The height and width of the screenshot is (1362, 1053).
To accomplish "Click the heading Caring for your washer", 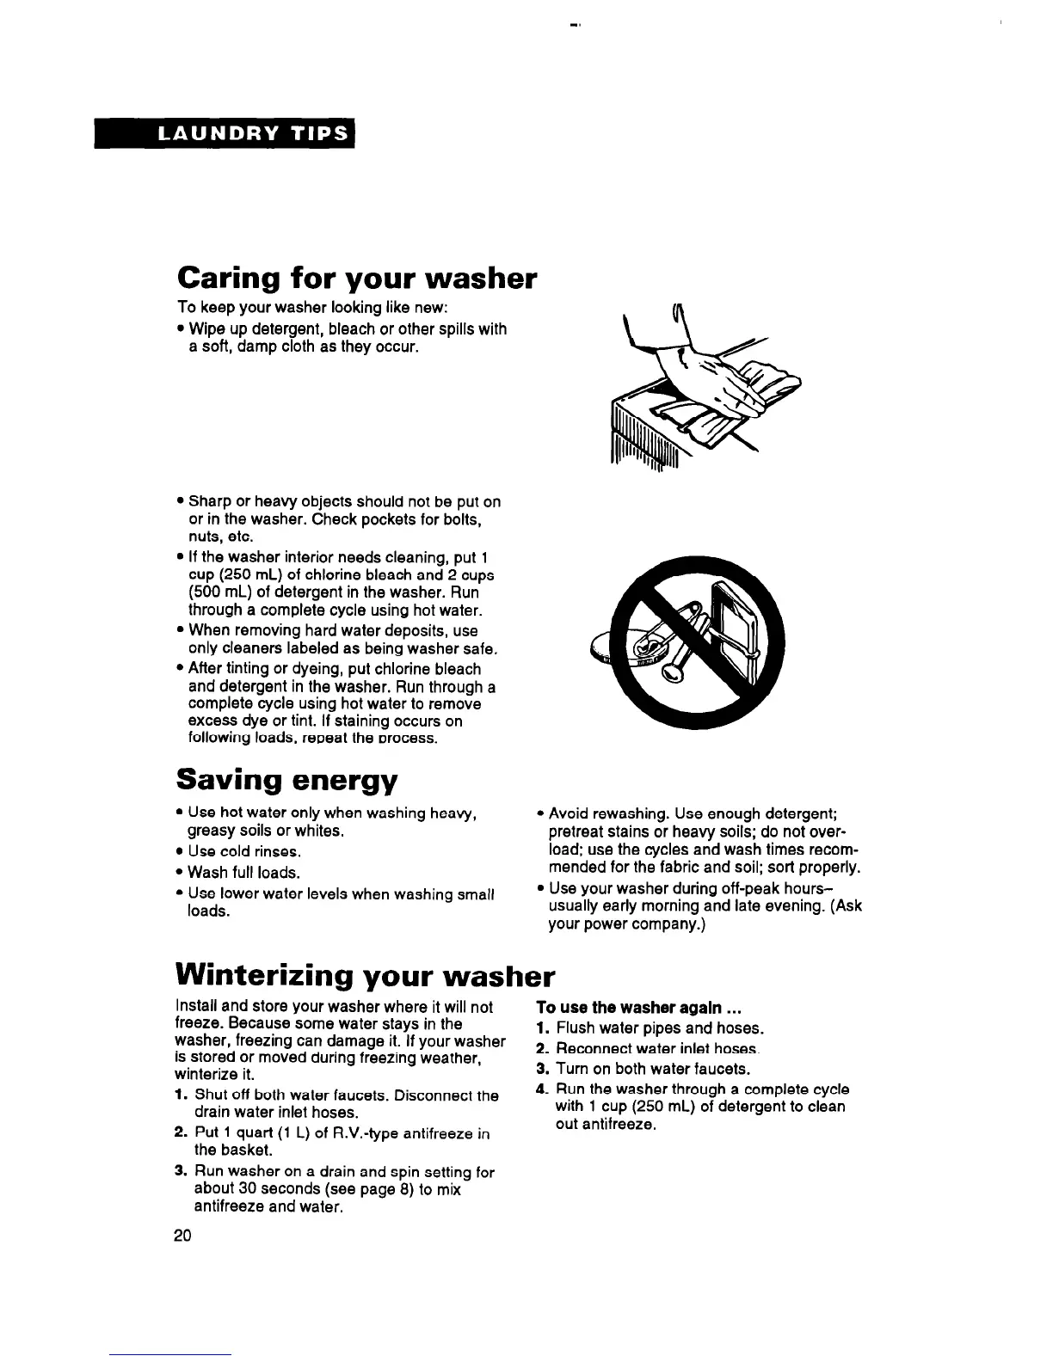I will click(356, 279).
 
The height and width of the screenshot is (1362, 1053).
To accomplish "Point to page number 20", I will click(182, 1236).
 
